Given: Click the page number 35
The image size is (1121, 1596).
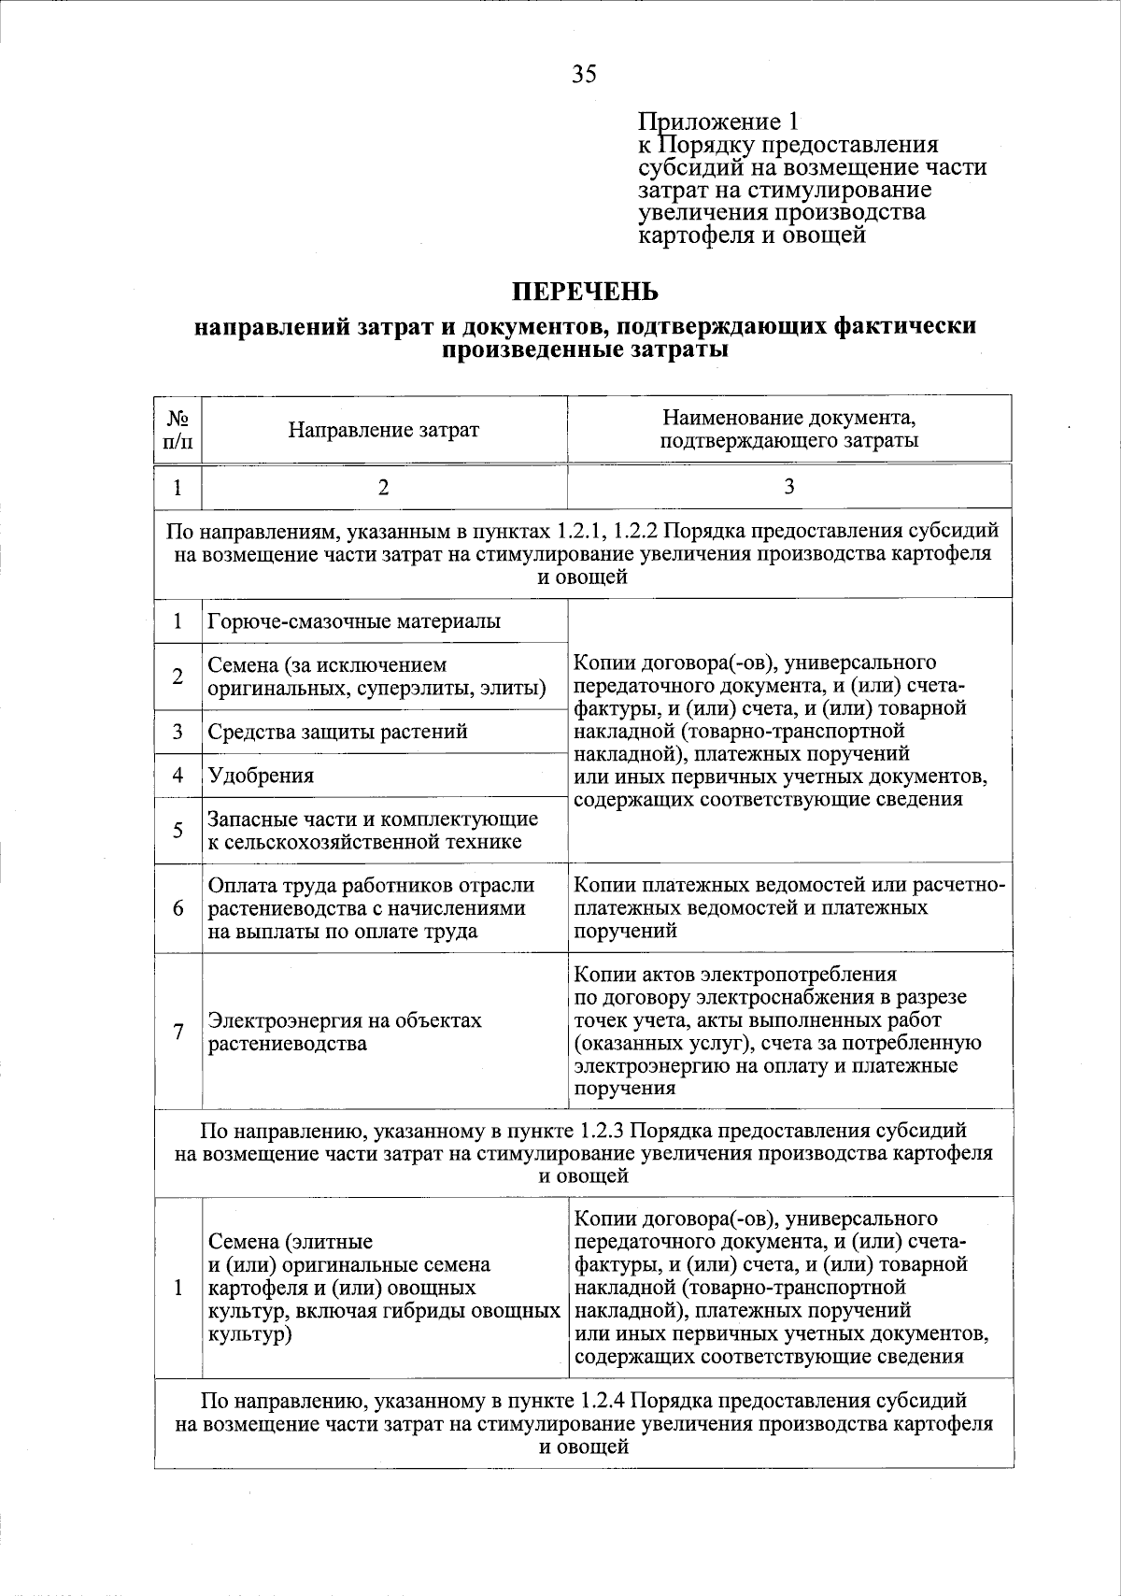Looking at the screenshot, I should click(x=584, y=75).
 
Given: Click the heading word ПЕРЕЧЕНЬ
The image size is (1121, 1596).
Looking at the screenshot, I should click(x=584, y=292).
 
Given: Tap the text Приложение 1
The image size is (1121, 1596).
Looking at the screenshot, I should click(x=718, y=122).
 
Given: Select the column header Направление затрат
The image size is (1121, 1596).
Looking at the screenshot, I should click(x=383, y=430).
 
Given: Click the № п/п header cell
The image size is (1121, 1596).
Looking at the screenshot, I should click(x=177, y=430).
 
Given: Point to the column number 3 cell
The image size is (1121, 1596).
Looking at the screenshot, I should click(x=789, y=486).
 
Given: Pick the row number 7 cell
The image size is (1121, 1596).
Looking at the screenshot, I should click(x=177, y=1032).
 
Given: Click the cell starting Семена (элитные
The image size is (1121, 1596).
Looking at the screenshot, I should click(x=383, y=1288).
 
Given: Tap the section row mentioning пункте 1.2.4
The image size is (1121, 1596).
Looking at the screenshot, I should click(x=584, y=1424).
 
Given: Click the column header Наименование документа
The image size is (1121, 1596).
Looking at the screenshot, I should click(x=789, y=429).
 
